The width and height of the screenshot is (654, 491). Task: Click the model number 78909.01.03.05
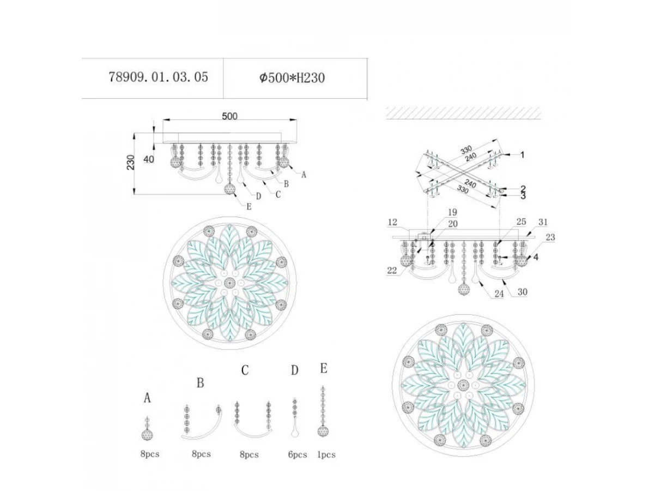158,77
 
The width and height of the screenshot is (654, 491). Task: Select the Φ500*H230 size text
292,78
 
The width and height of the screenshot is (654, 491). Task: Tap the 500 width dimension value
229,116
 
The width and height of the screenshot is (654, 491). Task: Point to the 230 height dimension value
131,163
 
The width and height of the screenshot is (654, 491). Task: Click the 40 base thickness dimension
149,159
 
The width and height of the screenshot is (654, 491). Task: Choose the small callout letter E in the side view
249,207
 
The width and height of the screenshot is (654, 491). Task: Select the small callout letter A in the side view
304,175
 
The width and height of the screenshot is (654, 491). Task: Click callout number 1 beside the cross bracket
522,155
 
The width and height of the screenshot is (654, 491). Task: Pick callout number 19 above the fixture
452,212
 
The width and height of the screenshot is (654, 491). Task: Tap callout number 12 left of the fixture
392,222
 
